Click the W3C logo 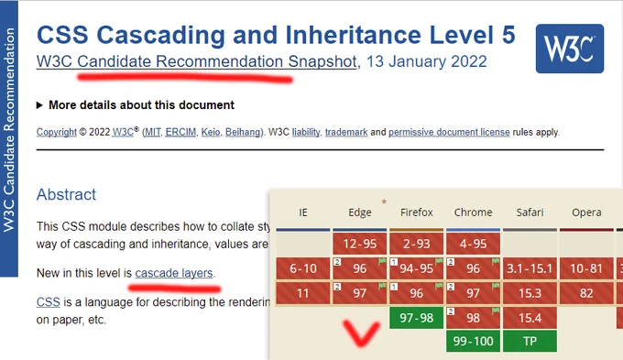(569, 49)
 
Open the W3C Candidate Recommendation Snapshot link (197, 61)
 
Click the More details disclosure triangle (39, 105)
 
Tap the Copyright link (57, 132)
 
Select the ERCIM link (180, 132)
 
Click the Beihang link (243, 132)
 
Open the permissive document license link (449, 132)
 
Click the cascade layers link (174, 273)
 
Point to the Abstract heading (66, 195)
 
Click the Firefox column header (416, 213)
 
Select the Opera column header (586, 213)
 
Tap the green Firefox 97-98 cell (416, 318)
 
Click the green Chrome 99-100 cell (473, 342)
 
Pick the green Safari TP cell (530, 342)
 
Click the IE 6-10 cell (303, 268)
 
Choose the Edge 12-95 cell (359, 244)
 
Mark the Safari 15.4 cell (530, 318)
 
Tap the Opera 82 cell (586, 293)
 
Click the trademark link (346, 132)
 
